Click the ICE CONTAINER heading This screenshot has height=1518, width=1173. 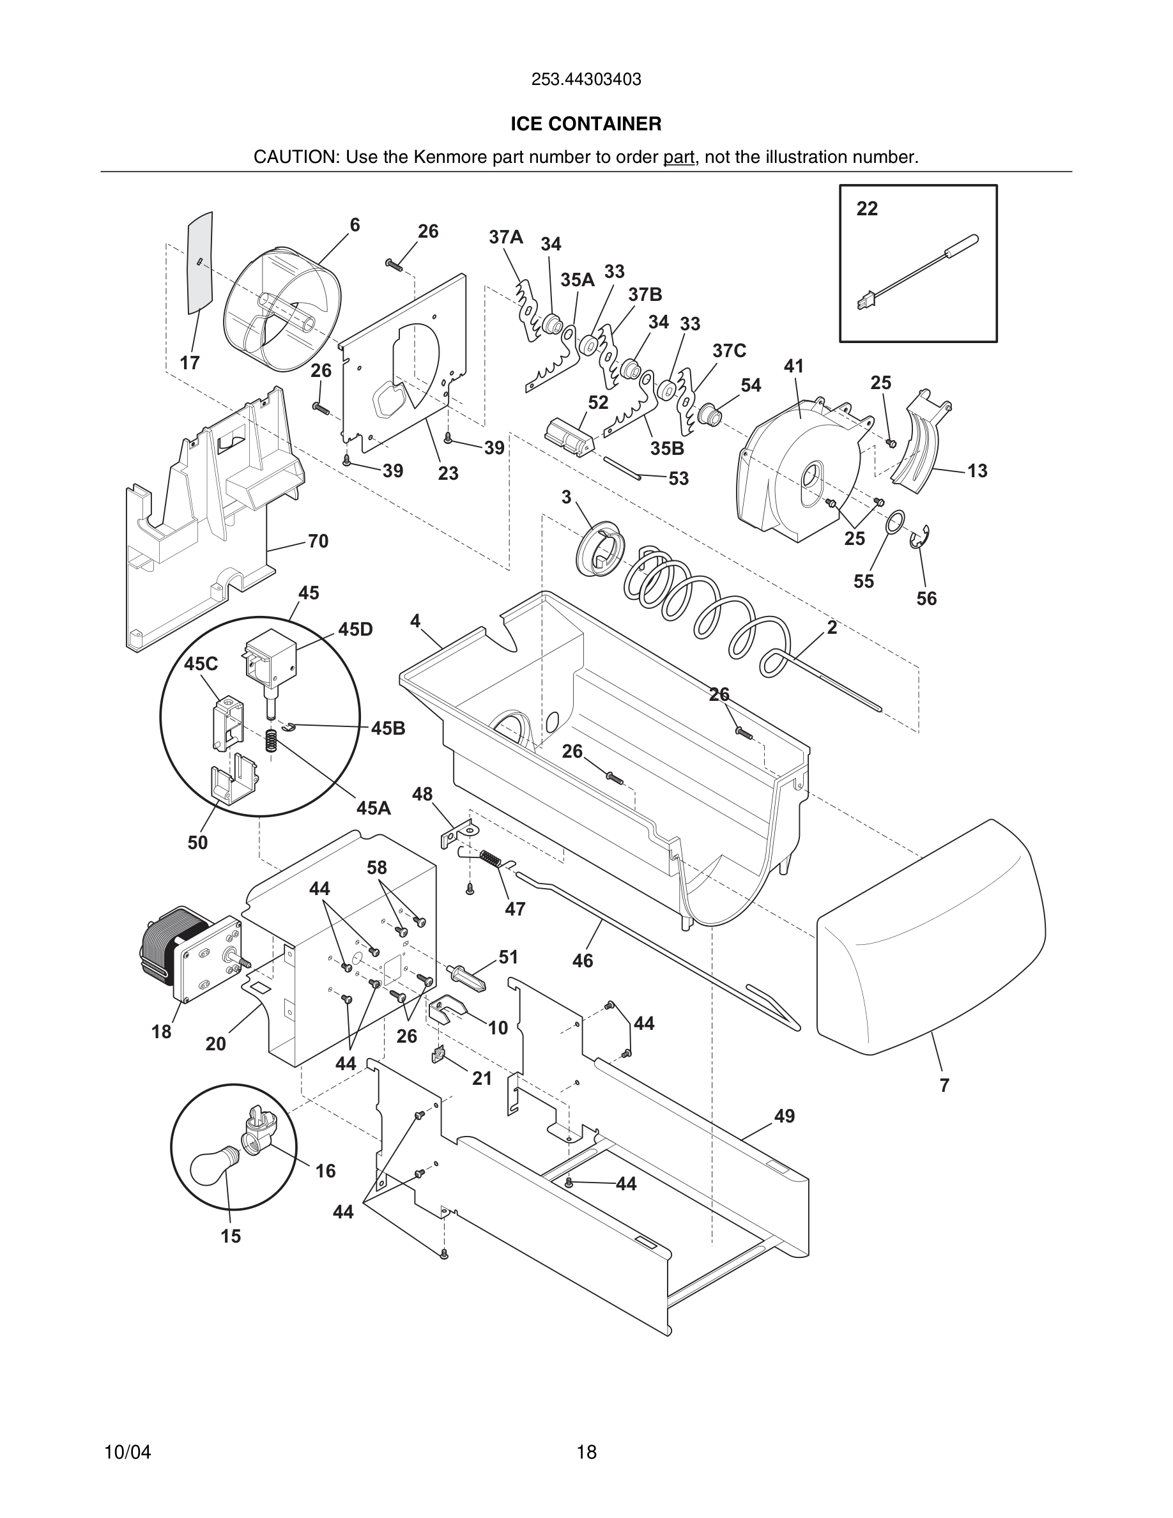[x=586, y=124]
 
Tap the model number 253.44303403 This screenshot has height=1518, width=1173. [x=586, y=80]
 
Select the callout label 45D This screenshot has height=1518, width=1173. [x=356, y=629]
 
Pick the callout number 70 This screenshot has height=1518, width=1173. [x=318, y=540]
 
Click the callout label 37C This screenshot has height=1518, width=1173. [x=729, y=351]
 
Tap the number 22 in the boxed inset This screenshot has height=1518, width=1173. [x=866, y=208]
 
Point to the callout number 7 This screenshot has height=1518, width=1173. [x=944, y=1085]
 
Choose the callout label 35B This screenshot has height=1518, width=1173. [x=667, y=448]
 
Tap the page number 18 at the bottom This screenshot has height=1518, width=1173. [x=586, y=1452]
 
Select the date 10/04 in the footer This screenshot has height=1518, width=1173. [x=127, y=1452]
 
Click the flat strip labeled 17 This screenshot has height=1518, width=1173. [x=200, y=261]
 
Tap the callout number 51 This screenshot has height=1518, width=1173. [x=509, y=957]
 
